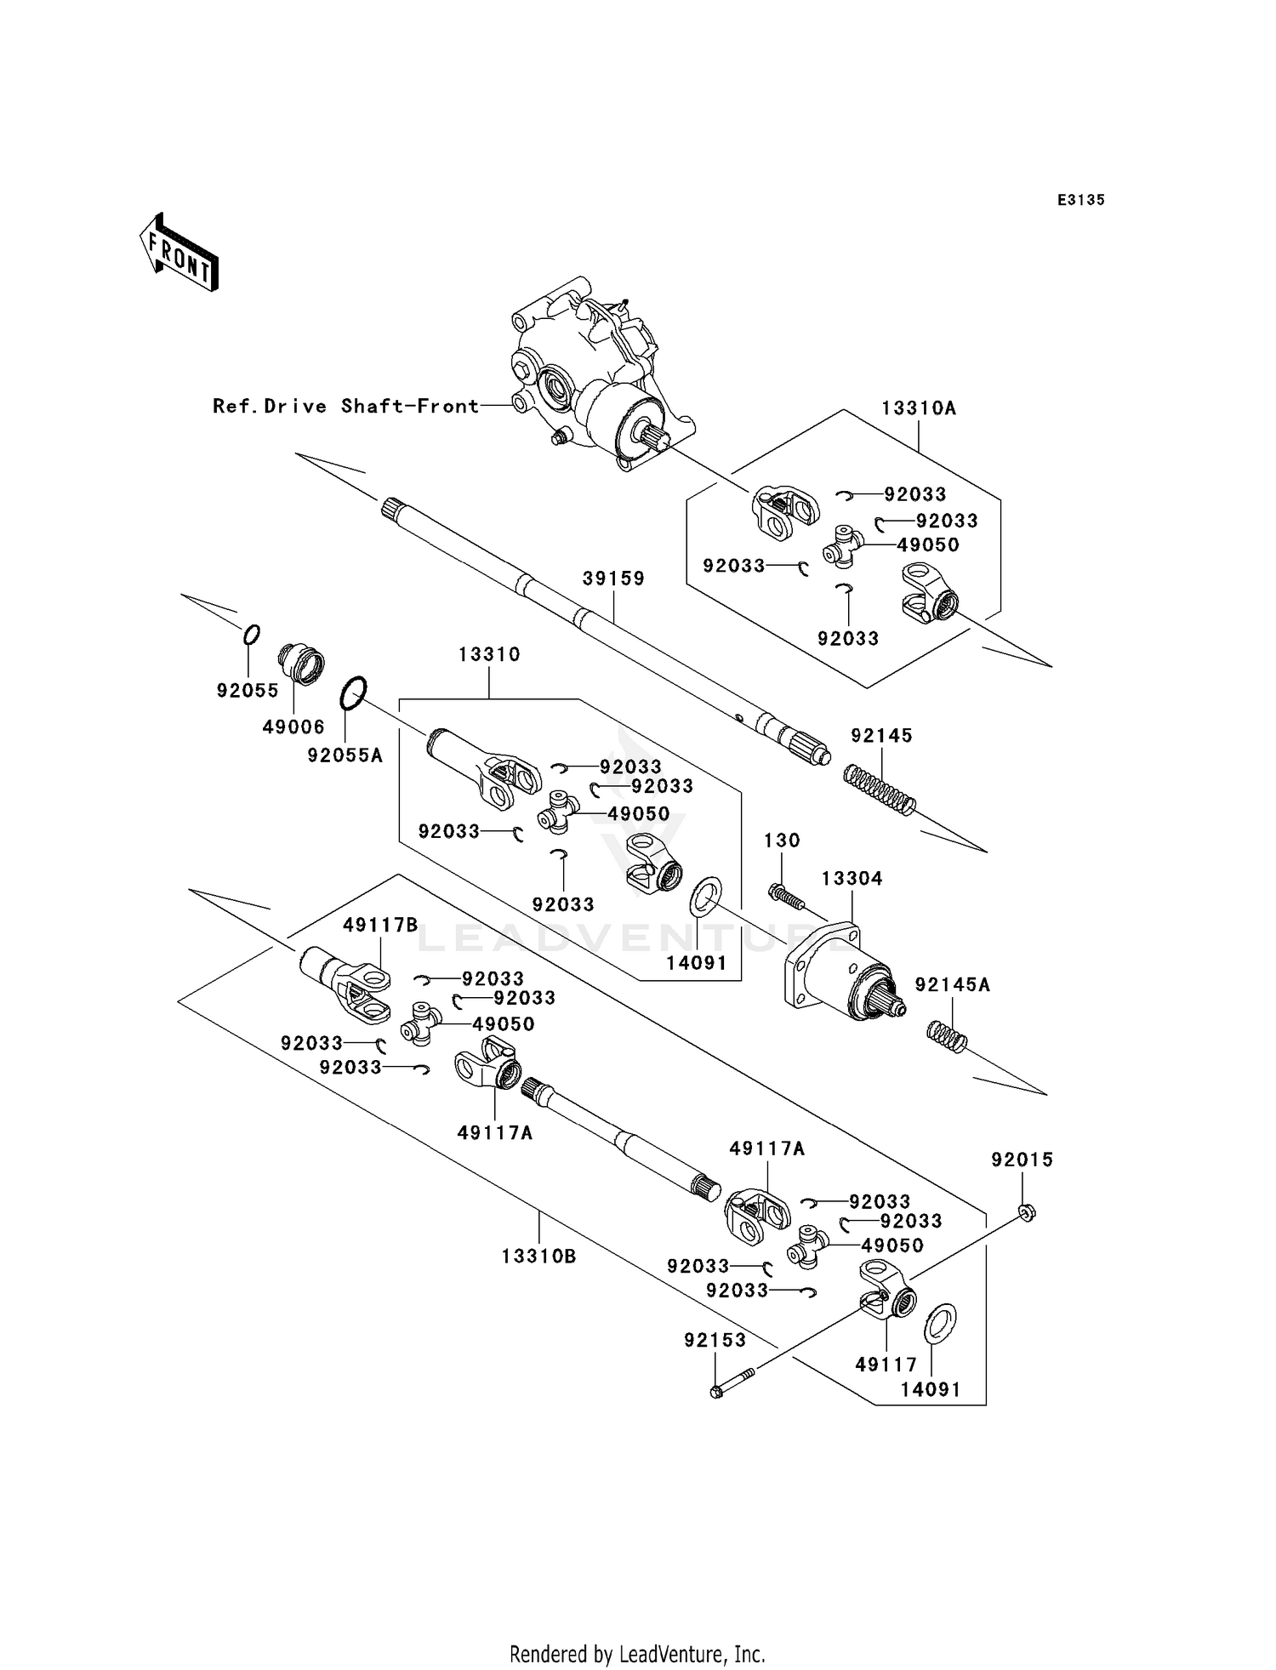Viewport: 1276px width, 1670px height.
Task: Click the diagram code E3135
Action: coord(1080,200)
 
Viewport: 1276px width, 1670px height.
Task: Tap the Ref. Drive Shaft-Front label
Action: coord(346,407)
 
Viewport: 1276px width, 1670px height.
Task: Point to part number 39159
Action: coord(613,579)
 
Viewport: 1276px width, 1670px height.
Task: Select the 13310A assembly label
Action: coord(918,408)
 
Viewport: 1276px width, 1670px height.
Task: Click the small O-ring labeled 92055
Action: coord(251,635)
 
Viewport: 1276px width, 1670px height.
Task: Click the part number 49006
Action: coord(293,727)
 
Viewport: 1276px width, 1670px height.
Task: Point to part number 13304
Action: coord(852,878)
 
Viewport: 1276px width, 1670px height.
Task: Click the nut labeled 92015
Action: coord(1026,1213)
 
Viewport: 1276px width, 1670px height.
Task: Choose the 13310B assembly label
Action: coord(538,1256)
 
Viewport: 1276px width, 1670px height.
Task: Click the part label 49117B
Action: coord(380,925)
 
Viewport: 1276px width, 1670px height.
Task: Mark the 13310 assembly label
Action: coord(489,655)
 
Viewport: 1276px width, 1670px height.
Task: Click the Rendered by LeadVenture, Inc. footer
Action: coord(637,1654)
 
